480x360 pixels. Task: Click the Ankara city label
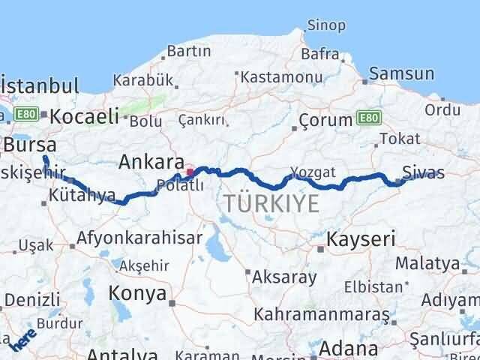coord(151,162)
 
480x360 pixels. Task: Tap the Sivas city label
coord(423,173)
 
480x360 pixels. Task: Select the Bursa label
coord(29,144)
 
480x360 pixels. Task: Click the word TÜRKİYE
coord(271,202)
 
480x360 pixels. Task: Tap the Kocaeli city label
coord(84,115)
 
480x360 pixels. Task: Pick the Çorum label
coord(325,120)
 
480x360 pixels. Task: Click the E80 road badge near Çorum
coord(368,118)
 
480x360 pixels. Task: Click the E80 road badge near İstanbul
coord(26,114)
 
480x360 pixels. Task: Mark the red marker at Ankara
coord(190,172)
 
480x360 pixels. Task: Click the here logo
coord(22,341)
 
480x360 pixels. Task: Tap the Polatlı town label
coord(178,186)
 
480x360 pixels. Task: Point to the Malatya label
coord(427,263)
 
